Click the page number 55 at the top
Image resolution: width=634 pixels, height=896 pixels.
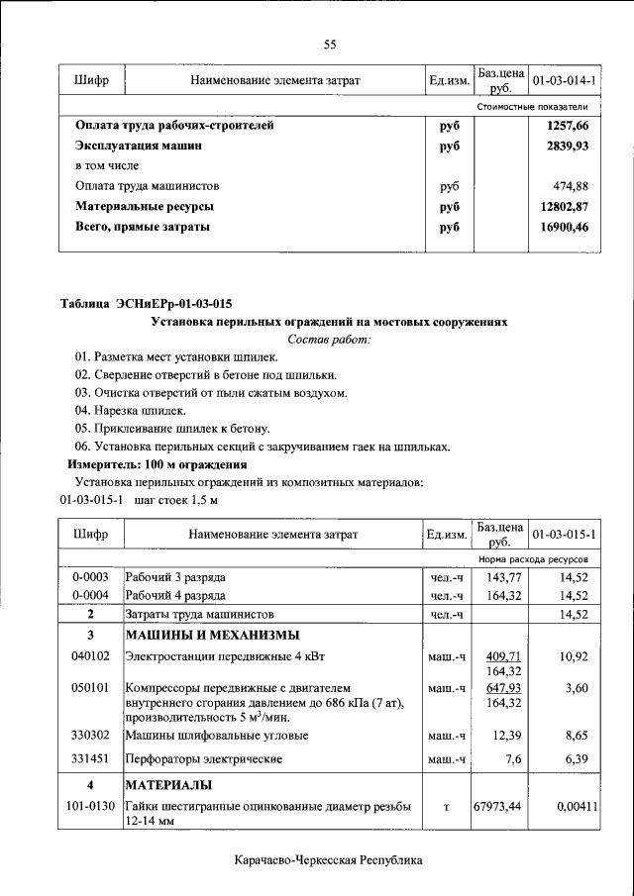pos(330,43)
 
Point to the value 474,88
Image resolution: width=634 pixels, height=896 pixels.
pos(570,186)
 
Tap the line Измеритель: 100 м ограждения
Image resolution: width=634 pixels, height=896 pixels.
pos(157,464)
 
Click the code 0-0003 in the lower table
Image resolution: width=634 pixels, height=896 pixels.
pos(90,576)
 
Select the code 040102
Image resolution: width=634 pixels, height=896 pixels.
pos(90,656)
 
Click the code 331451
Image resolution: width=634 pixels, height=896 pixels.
pos(90,759)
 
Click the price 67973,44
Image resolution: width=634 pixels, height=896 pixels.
pos(500,807)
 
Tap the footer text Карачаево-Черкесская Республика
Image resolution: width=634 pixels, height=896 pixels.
pos(329,861)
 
